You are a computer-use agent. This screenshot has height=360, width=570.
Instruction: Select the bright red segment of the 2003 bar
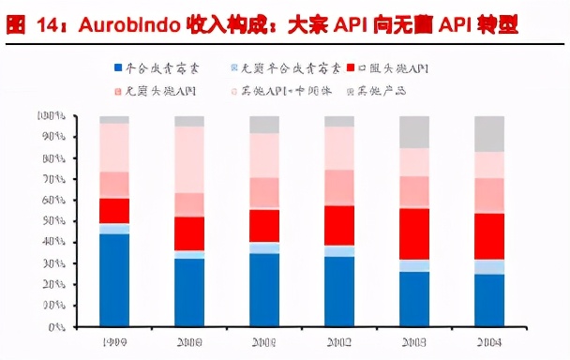point(413,233)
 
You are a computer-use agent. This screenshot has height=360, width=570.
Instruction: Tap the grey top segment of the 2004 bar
point(488,134)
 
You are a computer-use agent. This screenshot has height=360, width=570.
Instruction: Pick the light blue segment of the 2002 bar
point(339,251)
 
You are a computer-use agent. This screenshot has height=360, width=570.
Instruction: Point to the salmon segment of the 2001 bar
point(264,192)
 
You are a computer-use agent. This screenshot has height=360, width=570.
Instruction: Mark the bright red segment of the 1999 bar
point(114,211)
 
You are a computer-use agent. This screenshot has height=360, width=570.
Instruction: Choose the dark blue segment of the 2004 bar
point(488,300)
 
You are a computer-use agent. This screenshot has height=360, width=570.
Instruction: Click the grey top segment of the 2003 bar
point(413,132)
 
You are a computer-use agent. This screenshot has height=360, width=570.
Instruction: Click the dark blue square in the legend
point(118,68)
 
